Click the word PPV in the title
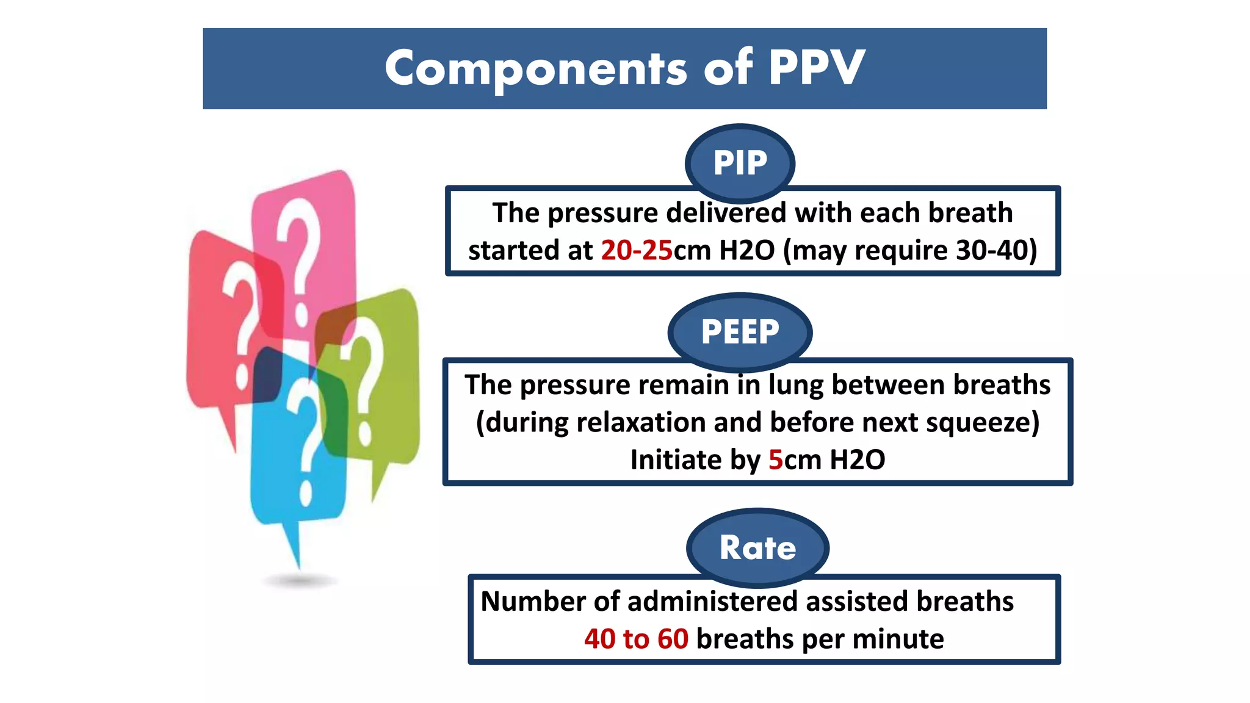(817, 68)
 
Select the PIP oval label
(740, 163)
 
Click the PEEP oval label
(740, 332)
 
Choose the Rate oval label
(757, 547)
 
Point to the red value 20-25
(637, 250)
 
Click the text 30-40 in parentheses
(993, 250)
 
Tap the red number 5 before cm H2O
(775, 460)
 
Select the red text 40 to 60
(636, 639)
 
